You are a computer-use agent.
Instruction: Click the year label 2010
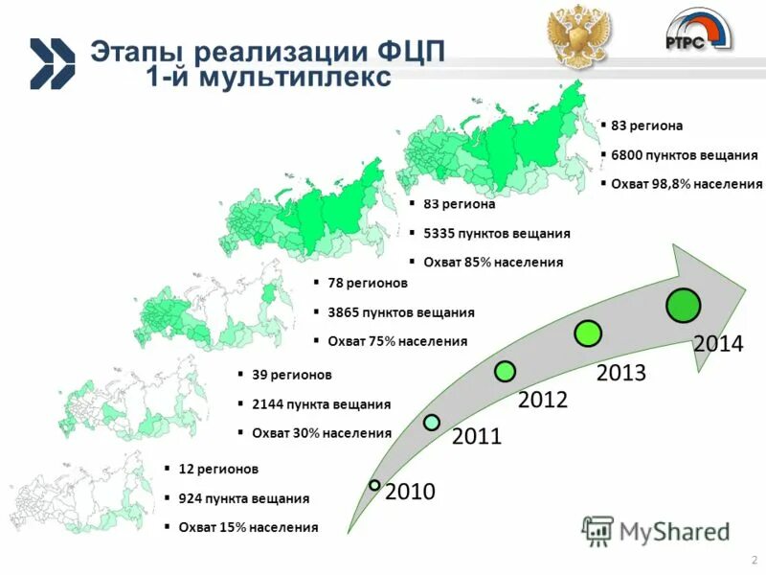point(410,493)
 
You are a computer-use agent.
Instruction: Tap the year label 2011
point(477,438)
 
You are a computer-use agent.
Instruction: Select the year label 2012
point(543,401)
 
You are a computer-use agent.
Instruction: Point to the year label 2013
point(620,373)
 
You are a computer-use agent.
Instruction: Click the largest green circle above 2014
point(684,305)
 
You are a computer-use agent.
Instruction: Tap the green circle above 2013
point(588,333)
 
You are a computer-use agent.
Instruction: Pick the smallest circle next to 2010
point(375,485)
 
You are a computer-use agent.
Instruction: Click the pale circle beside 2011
point(432,422)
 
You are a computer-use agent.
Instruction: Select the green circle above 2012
point(506,370)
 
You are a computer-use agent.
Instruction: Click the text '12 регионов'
point(218,469)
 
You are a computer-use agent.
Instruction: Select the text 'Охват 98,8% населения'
point(687,184)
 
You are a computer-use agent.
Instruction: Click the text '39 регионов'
point(291,375)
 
